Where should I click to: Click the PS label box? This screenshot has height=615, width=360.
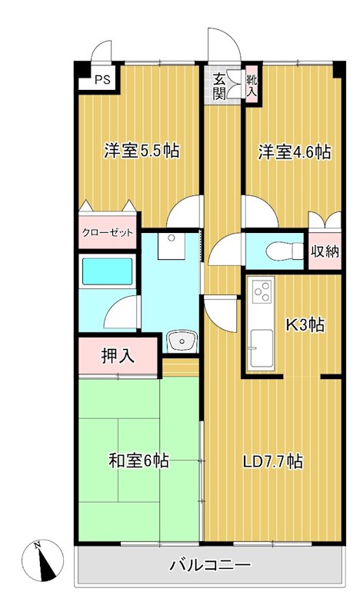coord(102,78)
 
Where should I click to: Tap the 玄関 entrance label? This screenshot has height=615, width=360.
coord(219,85)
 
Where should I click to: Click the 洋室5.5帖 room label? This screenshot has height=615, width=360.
coord(142,151)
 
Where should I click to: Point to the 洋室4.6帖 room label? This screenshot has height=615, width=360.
coord(294,151)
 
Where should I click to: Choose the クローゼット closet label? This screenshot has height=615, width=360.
coord(108,233)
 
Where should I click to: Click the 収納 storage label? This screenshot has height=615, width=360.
coord(325,251)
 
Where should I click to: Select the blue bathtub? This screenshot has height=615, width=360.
coord(108,273)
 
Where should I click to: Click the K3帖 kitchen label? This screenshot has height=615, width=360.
coord(305,325)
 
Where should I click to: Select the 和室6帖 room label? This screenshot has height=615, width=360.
coord(138,461)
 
